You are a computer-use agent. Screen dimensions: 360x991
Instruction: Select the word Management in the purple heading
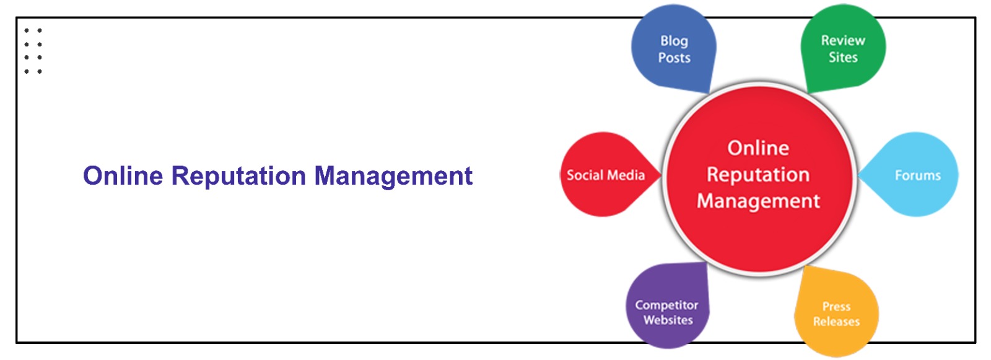click(x=393, y=177)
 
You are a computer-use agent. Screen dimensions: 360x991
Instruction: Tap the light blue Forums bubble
click(x=917, y=175)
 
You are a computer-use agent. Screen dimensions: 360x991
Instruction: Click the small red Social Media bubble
click(x=604, y=175)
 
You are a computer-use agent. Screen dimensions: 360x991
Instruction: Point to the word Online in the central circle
click(x=758, y=148)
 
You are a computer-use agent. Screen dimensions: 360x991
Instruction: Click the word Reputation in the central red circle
click(x=758, y=175)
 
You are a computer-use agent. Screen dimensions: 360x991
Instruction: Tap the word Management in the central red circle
click(x=758, y=201)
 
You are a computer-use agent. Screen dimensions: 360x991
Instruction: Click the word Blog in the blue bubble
click(x=674, y=41)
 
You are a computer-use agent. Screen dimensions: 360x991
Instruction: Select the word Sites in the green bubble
click(x=843, y=58)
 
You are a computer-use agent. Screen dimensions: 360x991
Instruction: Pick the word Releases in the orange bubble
click(x=836, y=322)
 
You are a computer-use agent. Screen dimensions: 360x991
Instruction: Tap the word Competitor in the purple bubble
click(x=666, y=305)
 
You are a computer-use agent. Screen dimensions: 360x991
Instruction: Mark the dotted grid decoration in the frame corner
click(x=33, y=51)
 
